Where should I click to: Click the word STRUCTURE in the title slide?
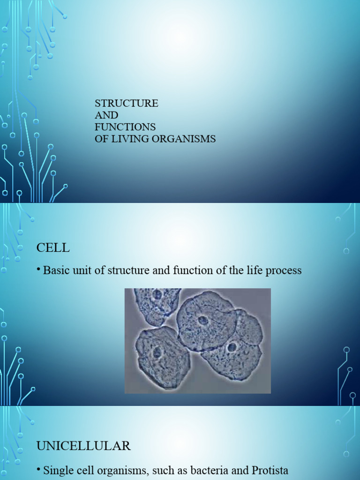(x=127, y=104)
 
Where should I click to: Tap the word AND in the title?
(x=106, y=115)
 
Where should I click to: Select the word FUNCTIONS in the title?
(x=125, y=127)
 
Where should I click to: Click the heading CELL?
(x=53, y=248)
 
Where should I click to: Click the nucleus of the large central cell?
(x=203, y=320)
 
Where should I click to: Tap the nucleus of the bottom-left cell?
(x=157, y=352)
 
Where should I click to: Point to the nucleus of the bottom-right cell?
(x=232, y=347)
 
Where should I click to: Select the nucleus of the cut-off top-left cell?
(x=157, y=294)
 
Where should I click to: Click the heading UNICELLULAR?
(x=83, y=446)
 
